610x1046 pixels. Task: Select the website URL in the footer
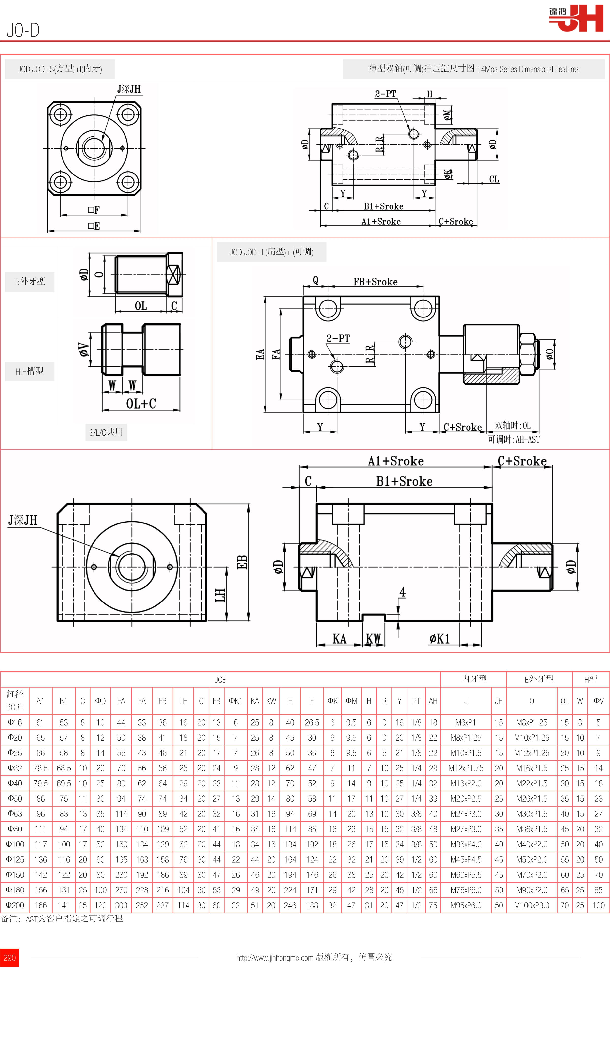(x=274, y=958)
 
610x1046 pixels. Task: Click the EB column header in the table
(x=162, y=701)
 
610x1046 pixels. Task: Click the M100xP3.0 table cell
(x=531, y=905)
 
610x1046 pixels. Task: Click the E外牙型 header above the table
(x=539, y=679)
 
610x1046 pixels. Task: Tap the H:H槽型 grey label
(x=30, y=371)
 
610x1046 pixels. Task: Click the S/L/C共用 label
(x=106, y=432)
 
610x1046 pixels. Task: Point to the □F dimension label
(x=94, y=210)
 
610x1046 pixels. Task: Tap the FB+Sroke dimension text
(x=375, y=282)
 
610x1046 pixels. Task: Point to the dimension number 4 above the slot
(x=402, y=592)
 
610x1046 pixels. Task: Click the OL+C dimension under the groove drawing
(x=141, y=403)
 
